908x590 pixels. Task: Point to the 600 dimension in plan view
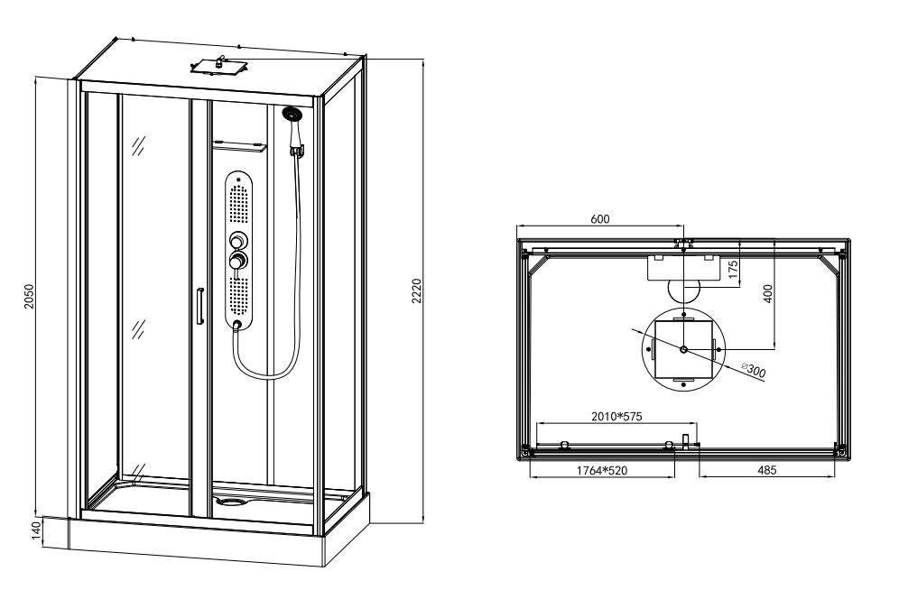click(x=600, y=219)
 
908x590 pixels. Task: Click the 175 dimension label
click(x=733, y=270)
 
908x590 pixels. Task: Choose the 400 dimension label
click(x=768, y=293)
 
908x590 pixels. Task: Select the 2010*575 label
click(x=616, y=416)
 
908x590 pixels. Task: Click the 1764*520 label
click(x=602, y=471)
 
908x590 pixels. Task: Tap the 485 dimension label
click(x=766, y=471)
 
